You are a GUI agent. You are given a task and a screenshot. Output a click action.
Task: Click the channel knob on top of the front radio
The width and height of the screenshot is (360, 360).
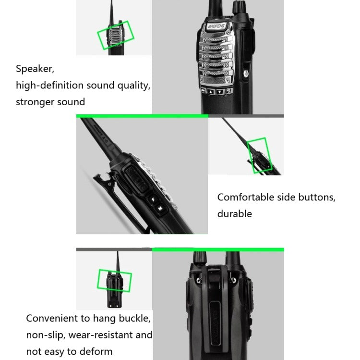coord(238,7)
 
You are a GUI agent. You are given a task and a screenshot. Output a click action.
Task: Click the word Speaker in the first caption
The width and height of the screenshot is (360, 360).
coord(35,69)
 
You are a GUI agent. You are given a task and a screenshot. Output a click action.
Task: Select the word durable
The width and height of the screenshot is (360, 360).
coord(234,213)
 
